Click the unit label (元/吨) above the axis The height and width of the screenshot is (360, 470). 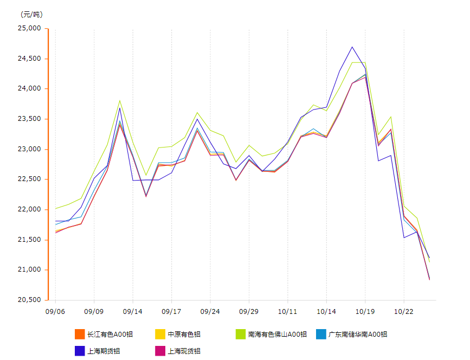point(31,14)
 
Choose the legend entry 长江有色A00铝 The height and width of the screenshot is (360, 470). point(110,335)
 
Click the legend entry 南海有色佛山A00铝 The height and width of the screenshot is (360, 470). point(278,335)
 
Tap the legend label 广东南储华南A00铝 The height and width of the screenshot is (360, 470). point(358,335)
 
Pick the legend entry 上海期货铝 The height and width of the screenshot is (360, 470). point(104,351)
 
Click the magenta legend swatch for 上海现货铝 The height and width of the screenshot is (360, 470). point(160,351)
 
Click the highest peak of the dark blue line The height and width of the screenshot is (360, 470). point(352,47)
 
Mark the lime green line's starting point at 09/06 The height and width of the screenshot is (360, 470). point(55,209)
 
